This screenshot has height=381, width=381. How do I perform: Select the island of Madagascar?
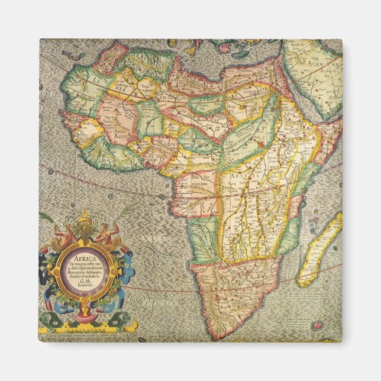coord(319,249)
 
